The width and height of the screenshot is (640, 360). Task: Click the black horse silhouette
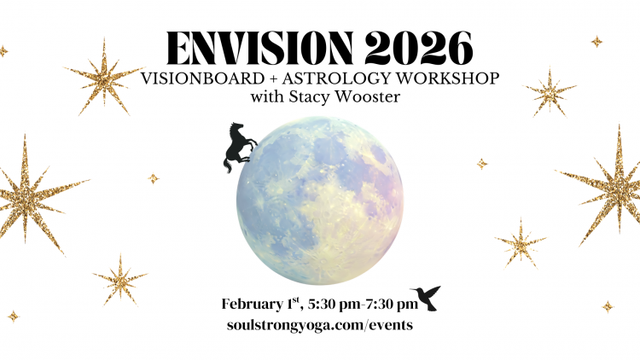(x=238, y=146)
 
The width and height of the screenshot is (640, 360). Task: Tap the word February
(x=252, y=305)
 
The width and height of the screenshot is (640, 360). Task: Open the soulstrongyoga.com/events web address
(x=320, y=327)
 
